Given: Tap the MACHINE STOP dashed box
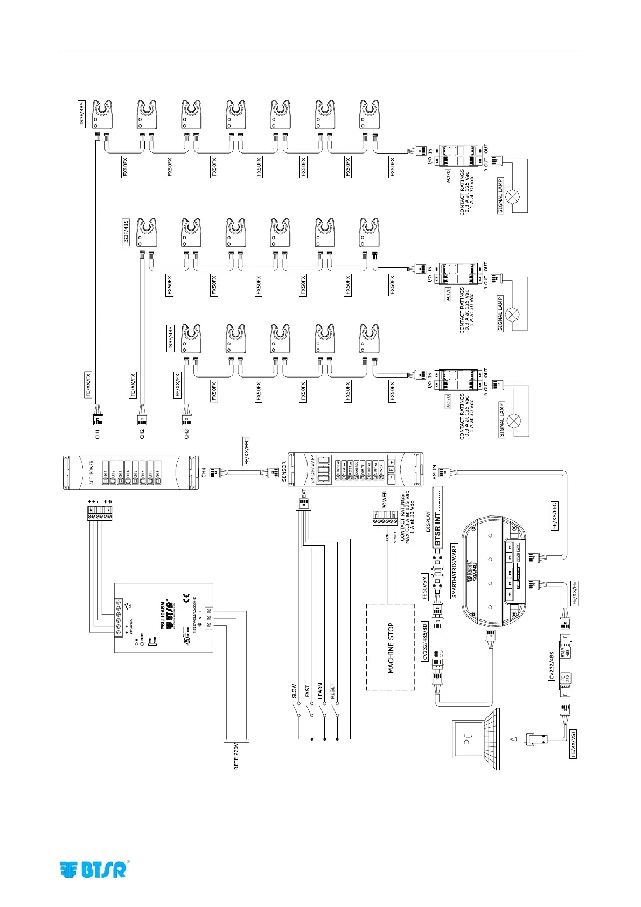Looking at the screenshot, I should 391,647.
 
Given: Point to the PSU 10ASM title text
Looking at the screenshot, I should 162,608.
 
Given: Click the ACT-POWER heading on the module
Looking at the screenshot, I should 92,472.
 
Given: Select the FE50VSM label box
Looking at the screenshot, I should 425,587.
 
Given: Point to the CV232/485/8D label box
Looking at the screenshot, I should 425,641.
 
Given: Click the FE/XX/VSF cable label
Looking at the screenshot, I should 573,744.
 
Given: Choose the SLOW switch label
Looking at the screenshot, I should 294,691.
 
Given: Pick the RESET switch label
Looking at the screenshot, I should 332,691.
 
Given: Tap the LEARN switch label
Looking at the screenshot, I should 320,691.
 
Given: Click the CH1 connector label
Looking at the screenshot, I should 97,434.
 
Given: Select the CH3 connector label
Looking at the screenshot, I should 186,434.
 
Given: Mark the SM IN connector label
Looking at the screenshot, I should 435,472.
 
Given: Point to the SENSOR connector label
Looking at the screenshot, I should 284,472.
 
